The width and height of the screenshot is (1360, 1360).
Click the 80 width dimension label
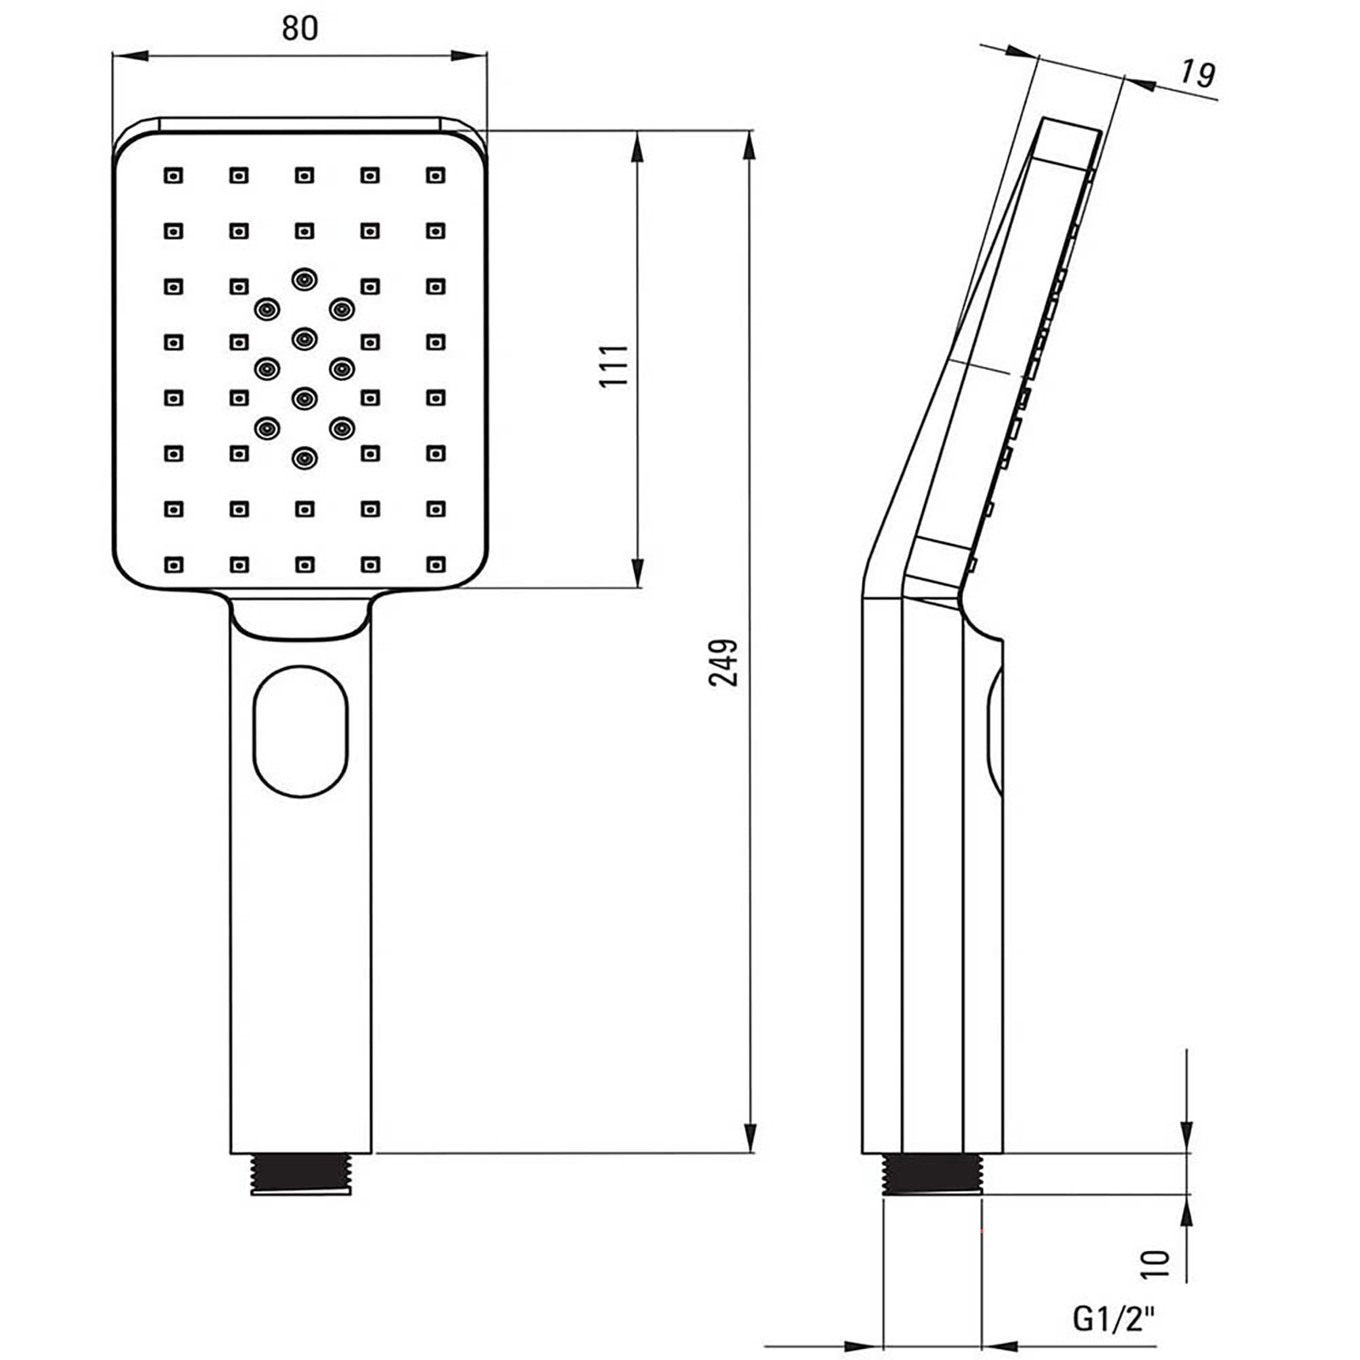(x=299, y=28)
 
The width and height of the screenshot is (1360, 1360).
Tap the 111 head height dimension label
(x=615, y=365)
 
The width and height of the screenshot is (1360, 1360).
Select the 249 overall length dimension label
(x=723, y=662)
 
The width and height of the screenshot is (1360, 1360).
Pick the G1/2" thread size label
(x=1114, y=1319)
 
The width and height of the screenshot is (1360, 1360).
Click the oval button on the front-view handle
(x=301, y=731)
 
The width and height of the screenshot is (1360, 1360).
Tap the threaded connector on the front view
(x=301, y=1174)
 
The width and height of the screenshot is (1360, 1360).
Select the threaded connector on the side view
(x=932, y=1174)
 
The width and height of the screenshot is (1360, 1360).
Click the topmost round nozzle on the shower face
(x=304, y=279)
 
